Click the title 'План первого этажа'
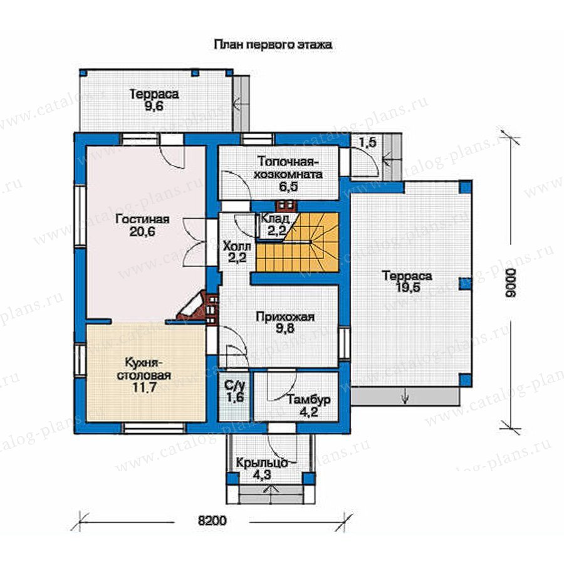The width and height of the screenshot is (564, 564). (x=273, y=44)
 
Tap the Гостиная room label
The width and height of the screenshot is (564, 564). (x=142, y=219)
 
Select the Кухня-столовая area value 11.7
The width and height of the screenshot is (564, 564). (x=143, y=388)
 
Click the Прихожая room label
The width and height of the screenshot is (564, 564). (x=285, y=316)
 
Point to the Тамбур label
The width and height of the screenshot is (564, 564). (x=309, y=400)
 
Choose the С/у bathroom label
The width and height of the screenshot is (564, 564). (x=235, y=386)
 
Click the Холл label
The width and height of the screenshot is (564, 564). (x=237, y=246)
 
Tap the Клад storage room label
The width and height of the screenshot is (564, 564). (x=275, y=218)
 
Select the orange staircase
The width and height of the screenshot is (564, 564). (x=297, y=242)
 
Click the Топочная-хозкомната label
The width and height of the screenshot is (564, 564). (x=288, y=168)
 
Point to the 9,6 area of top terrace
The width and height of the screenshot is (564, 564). (x=154, y=107)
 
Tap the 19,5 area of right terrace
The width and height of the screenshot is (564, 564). (x=407, y=288)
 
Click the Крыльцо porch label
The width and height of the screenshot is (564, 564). (x=262, y=462)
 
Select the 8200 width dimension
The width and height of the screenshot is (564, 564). (x=212, y=520)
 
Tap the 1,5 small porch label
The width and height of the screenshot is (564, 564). (x=367, y=142)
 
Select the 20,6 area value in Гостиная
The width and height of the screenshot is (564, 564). (x=142, y=231)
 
